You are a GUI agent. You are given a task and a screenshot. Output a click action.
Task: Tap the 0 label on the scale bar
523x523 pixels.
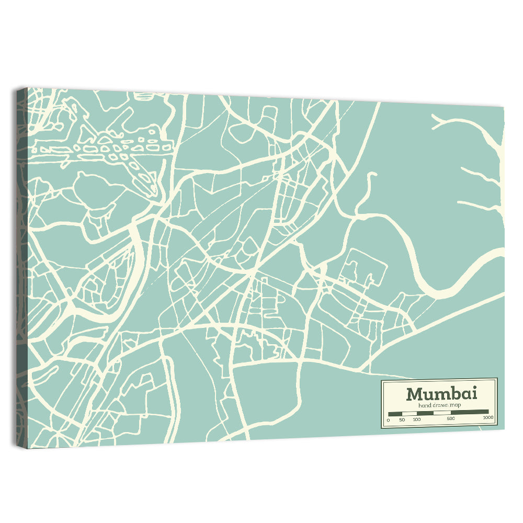[x=388, y=419]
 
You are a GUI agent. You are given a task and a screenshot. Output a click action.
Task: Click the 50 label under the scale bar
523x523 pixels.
[x=402, y=419]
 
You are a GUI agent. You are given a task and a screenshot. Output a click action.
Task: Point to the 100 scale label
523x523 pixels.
[x=417, y=419]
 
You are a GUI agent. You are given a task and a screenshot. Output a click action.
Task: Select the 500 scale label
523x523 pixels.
[x=451, y=419]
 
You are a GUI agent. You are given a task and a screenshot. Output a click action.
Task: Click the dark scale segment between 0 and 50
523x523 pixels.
[x=395, y=413]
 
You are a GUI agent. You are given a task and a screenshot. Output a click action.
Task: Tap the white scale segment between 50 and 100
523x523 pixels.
[x=410, y=413]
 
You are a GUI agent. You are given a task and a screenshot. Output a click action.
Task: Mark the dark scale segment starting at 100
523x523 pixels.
[x=425, y=413]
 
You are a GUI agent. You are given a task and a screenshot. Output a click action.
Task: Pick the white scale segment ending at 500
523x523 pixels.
[x=442, y=413]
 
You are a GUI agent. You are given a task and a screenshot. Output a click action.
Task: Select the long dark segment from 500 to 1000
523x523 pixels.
[x=470, y=412]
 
